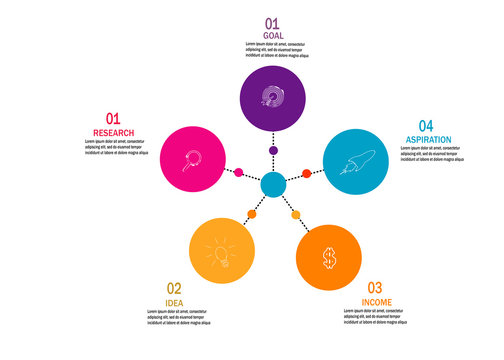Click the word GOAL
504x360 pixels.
tap(274, 35)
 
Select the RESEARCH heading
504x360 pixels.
tap(113, 133)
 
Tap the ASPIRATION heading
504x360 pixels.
tap(428, 139)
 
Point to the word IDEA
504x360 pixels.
tap(174, 302)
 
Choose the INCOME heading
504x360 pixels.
tap(376, 301)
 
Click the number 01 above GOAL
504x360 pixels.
tap(273, 22)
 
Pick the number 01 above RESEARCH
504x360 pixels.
tap(113, 119)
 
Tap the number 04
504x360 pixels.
tap(426, 125)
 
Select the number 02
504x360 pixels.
tap(174, 288)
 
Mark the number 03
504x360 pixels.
tap(375, 287)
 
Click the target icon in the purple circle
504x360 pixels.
tap(273, 96)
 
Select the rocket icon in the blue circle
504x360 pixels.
tap(357, 160)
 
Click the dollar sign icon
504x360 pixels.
tap(328, 258)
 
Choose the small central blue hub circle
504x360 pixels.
tap(273, 185)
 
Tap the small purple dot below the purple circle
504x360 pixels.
tap(273, 150)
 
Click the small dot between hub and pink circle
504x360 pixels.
tap(239, 173)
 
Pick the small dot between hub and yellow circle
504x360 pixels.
tap(252, 214)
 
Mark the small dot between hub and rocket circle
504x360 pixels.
tap(307, 174)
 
